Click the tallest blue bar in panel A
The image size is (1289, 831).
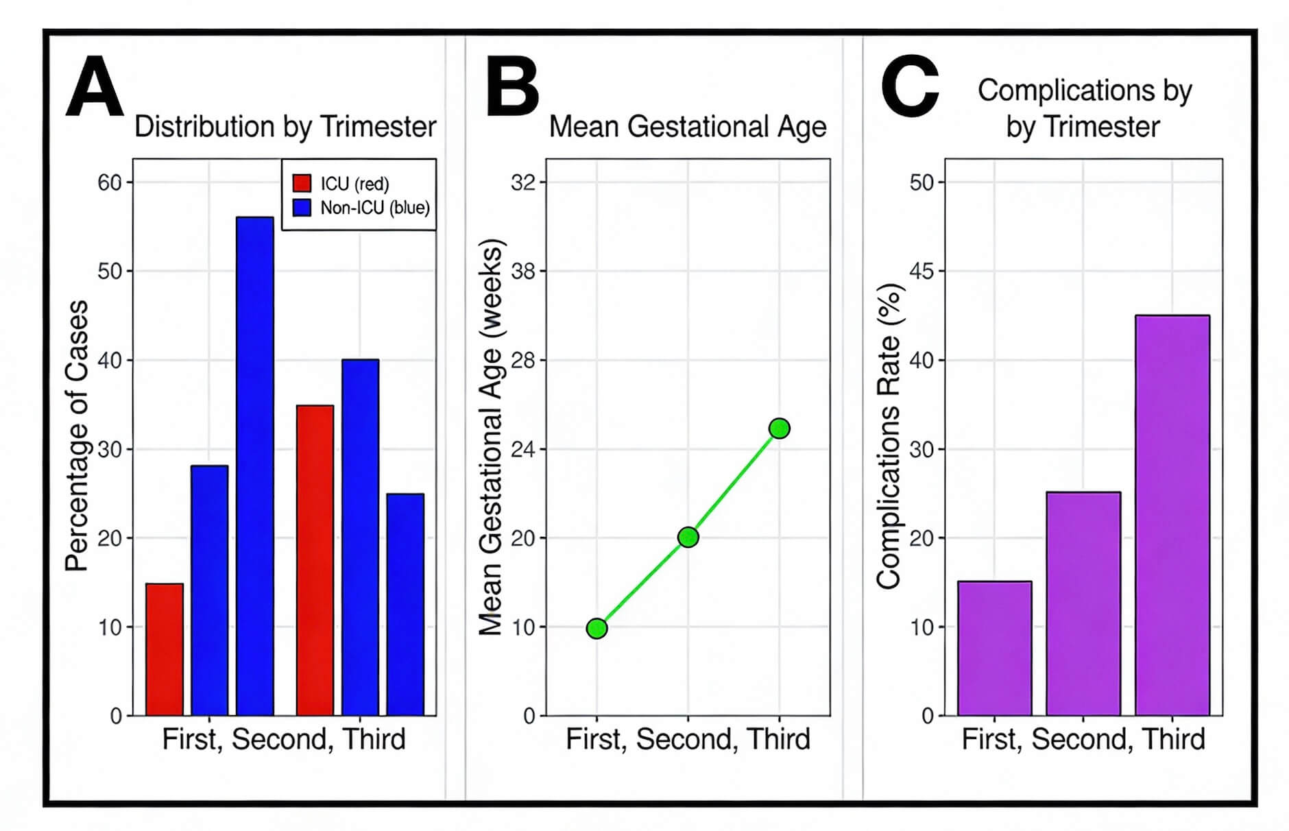point(254,466)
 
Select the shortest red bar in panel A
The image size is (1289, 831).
point(165,649)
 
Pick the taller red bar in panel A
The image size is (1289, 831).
point(315,560)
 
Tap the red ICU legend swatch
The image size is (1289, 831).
point(302,183)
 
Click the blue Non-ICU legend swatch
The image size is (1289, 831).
point(302,207)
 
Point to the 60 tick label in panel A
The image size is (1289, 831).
point(109,182)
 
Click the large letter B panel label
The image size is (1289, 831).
point(511,88)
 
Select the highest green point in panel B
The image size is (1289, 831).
point(779,429)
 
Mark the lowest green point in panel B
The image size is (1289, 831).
point(597,628)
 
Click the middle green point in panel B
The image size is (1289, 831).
point(688,538)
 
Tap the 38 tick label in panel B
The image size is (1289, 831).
point(523,272)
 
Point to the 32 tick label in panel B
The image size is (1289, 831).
point(523,182)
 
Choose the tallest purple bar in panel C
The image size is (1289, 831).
point(1172,515)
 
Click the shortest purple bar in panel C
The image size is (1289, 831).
point(994,648)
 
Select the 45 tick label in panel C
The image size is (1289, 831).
point(922,272)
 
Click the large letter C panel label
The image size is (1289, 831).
point(909,88)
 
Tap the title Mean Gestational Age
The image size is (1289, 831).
point(688,127)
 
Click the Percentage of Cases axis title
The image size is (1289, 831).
point(77,436)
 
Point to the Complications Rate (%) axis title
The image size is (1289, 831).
point(889,436)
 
